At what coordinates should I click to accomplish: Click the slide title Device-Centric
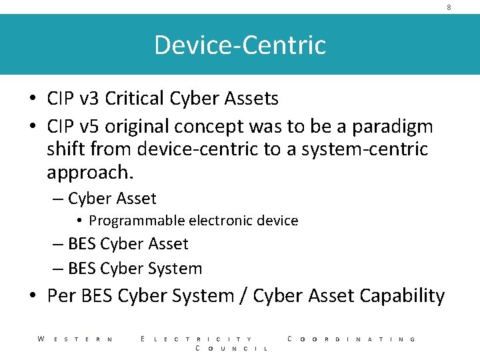[x=240, y=45]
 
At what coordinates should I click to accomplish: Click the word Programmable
[x=137, y=221]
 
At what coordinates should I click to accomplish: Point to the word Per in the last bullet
[x=61, y=295]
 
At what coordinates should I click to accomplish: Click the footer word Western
[x=75, y=339]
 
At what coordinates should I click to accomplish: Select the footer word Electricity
[x=197, y=339]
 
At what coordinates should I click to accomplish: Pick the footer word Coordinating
[x=351, y=339]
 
